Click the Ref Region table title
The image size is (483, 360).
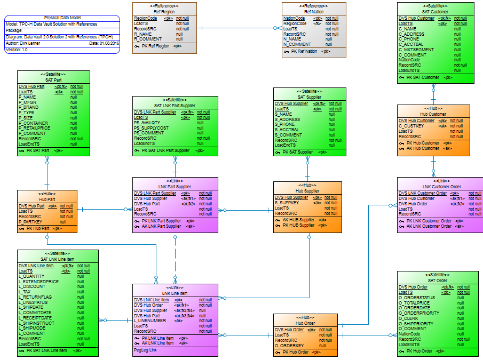[164, 12]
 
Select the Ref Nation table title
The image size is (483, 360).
[314, 12]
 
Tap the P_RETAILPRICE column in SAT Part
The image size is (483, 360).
[34, 128]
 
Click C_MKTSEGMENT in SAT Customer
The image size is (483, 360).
[416, 50]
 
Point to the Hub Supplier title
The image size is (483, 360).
[307, 191]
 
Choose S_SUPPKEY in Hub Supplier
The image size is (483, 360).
[287, 203]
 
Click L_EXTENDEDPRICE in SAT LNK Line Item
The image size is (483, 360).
[38, 282]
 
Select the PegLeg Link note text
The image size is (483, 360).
[145, 350]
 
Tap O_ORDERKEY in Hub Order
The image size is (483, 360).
[290, 346]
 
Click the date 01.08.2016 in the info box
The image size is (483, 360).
[109, 43]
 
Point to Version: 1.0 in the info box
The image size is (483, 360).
[17, 50]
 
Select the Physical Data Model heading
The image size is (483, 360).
[62, 18]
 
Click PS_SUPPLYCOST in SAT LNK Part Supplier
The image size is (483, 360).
[151, 128]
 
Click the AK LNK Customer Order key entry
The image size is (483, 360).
[429, 226]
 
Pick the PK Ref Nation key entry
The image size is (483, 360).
[304, 52]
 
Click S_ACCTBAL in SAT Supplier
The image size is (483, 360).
[287, 130]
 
